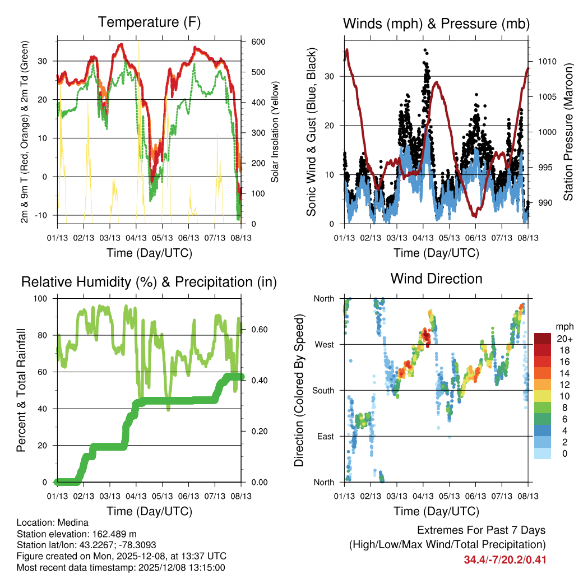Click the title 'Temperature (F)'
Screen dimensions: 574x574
[149, 22]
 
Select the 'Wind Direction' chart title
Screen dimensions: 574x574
[436, 279]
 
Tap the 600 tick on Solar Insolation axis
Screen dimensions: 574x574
[258, 42]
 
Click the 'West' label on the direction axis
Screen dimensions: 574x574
[324, 344]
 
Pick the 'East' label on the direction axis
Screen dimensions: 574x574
[325, 436]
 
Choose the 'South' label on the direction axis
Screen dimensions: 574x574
[323, 390]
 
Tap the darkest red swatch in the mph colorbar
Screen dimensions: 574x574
[542, 339]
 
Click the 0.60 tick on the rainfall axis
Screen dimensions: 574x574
[258, 330]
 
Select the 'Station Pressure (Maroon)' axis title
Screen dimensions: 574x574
[567, 124]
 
